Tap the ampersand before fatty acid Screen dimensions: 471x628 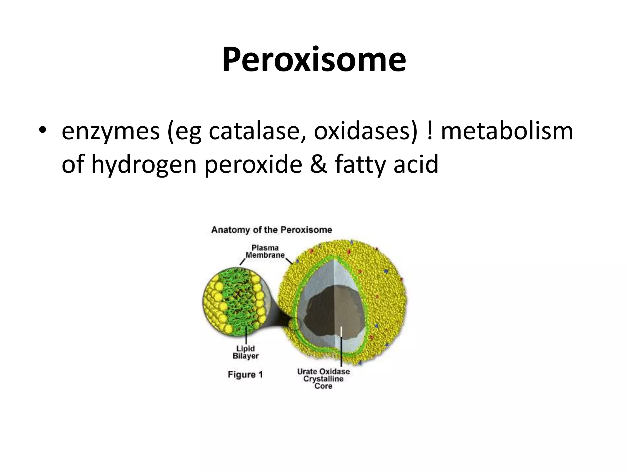click(319, 164)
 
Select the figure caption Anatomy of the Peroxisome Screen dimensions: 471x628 click(272, 230)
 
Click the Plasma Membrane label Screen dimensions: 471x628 click(265, 251)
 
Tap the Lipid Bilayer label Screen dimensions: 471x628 click(246, 352)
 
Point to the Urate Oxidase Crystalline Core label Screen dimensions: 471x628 click(324, 378)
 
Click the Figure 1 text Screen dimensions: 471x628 click(245, 374)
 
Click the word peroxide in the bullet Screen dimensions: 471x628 click(253, 164)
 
